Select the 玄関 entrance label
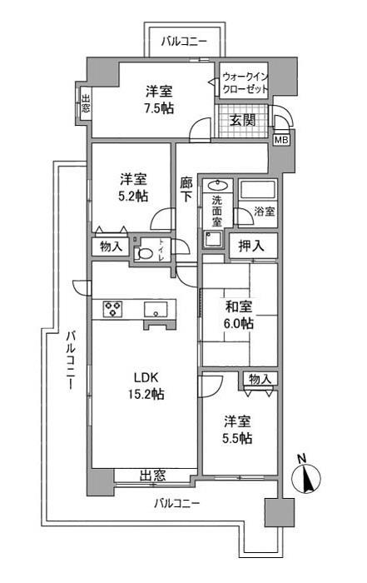(x=245, y=121)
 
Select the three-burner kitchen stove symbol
(x=113, y=309)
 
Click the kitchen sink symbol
(x=156, y=309)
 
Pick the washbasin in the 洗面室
(x=218, y=186)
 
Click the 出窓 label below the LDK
(x=151, y=476)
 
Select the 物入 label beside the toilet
(x=111, y=247)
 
